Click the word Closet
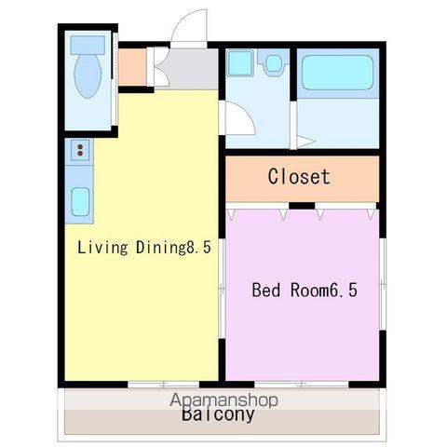click(x=299, y=177)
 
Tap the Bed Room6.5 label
click(x=305, y=290)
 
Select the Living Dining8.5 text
click(x=144, y=248)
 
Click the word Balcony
click(x=218, y=414)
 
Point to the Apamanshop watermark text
click(x=223, y=400)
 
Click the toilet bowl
click(x=88, y=76)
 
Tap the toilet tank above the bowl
click(x=88, y=46)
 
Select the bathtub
click(x=337, y=73)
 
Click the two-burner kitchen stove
click(x=80, y=150)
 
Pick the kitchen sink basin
click(x=80, y=202)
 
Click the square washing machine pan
click(x=239, y=63)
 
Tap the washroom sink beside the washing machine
click(x=274, y=63)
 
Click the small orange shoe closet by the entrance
click(x=132, y=67)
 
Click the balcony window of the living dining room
click(x=164, y=385)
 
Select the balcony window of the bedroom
click(x=302, y=385)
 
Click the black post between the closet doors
click(x=302, y=206)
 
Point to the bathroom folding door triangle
click(x=305, y=142)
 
